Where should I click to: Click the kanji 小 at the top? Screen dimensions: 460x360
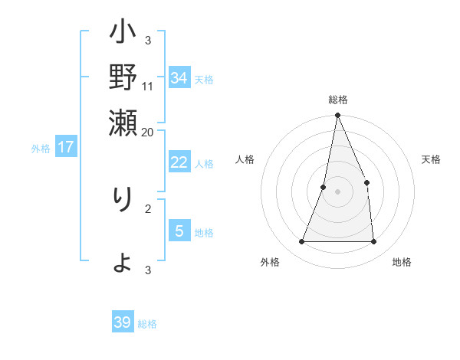(x=123, y=35)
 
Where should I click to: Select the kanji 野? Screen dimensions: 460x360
(x=123, y=79)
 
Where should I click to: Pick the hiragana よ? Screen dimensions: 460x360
(x=123, y=263)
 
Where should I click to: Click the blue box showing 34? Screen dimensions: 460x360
(x=179, y=78)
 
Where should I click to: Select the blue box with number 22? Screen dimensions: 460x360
(x=179, y=162)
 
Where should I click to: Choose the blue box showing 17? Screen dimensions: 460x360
(x=66, y=147)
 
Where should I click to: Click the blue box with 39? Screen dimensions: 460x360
(x=123, y=322)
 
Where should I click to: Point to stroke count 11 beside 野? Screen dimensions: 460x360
(x=148, y=86)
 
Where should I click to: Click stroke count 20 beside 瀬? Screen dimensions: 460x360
(x=148, y=132)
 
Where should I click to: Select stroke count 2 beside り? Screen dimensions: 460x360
(x=148, y=208)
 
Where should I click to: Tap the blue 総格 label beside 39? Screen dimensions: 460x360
(x=147, y=324)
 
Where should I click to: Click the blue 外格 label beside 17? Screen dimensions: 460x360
(x=41, y=149)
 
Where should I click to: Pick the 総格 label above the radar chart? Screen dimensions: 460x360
(x=338, y=100)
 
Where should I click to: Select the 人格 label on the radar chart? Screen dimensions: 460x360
(x=245, y=159)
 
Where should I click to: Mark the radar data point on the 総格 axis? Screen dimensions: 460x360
(x=338, y=116)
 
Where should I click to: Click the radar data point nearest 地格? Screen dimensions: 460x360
(x=374, y=242)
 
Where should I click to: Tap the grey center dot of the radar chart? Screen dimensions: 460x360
(x=338, y=191)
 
